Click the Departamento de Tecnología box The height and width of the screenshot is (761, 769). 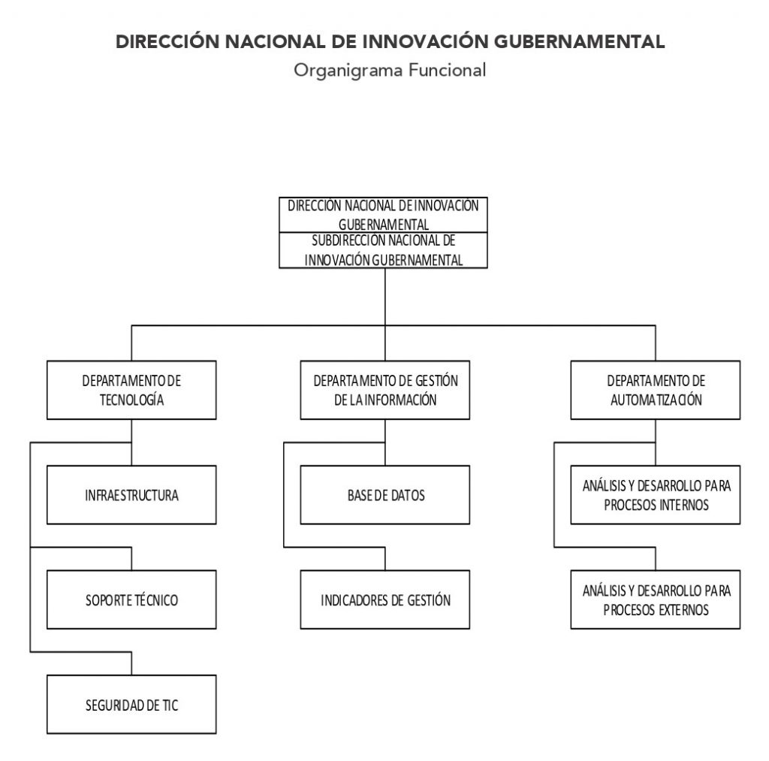[131, 390]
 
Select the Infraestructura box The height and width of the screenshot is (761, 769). [131, 494]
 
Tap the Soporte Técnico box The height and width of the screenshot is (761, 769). [131, 599]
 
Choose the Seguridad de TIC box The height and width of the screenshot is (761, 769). [131, 705]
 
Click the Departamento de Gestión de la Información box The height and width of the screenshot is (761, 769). [385, 390]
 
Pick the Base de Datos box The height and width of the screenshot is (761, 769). [385, 494]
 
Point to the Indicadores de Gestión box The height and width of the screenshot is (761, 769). [385, 599]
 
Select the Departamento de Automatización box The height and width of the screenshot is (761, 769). [655, 390]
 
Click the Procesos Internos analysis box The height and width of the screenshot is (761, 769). [655, 494]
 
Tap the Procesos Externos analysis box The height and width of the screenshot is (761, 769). [655, 599]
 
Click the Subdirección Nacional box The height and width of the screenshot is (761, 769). [383, 250]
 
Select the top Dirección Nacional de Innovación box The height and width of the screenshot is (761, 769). [383, 215]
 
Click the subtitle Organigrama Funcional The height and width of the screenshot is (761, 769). [390, 70]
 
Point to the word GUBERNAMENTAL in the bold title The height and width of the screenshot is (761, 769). [579, 42]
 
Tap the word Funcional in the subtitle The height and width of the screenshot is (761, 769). [447, 70]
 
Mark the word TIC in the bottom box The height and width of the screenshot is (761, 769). [170, 705]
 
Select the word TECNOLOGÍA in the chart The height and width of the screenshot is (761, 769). [131, 400]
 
